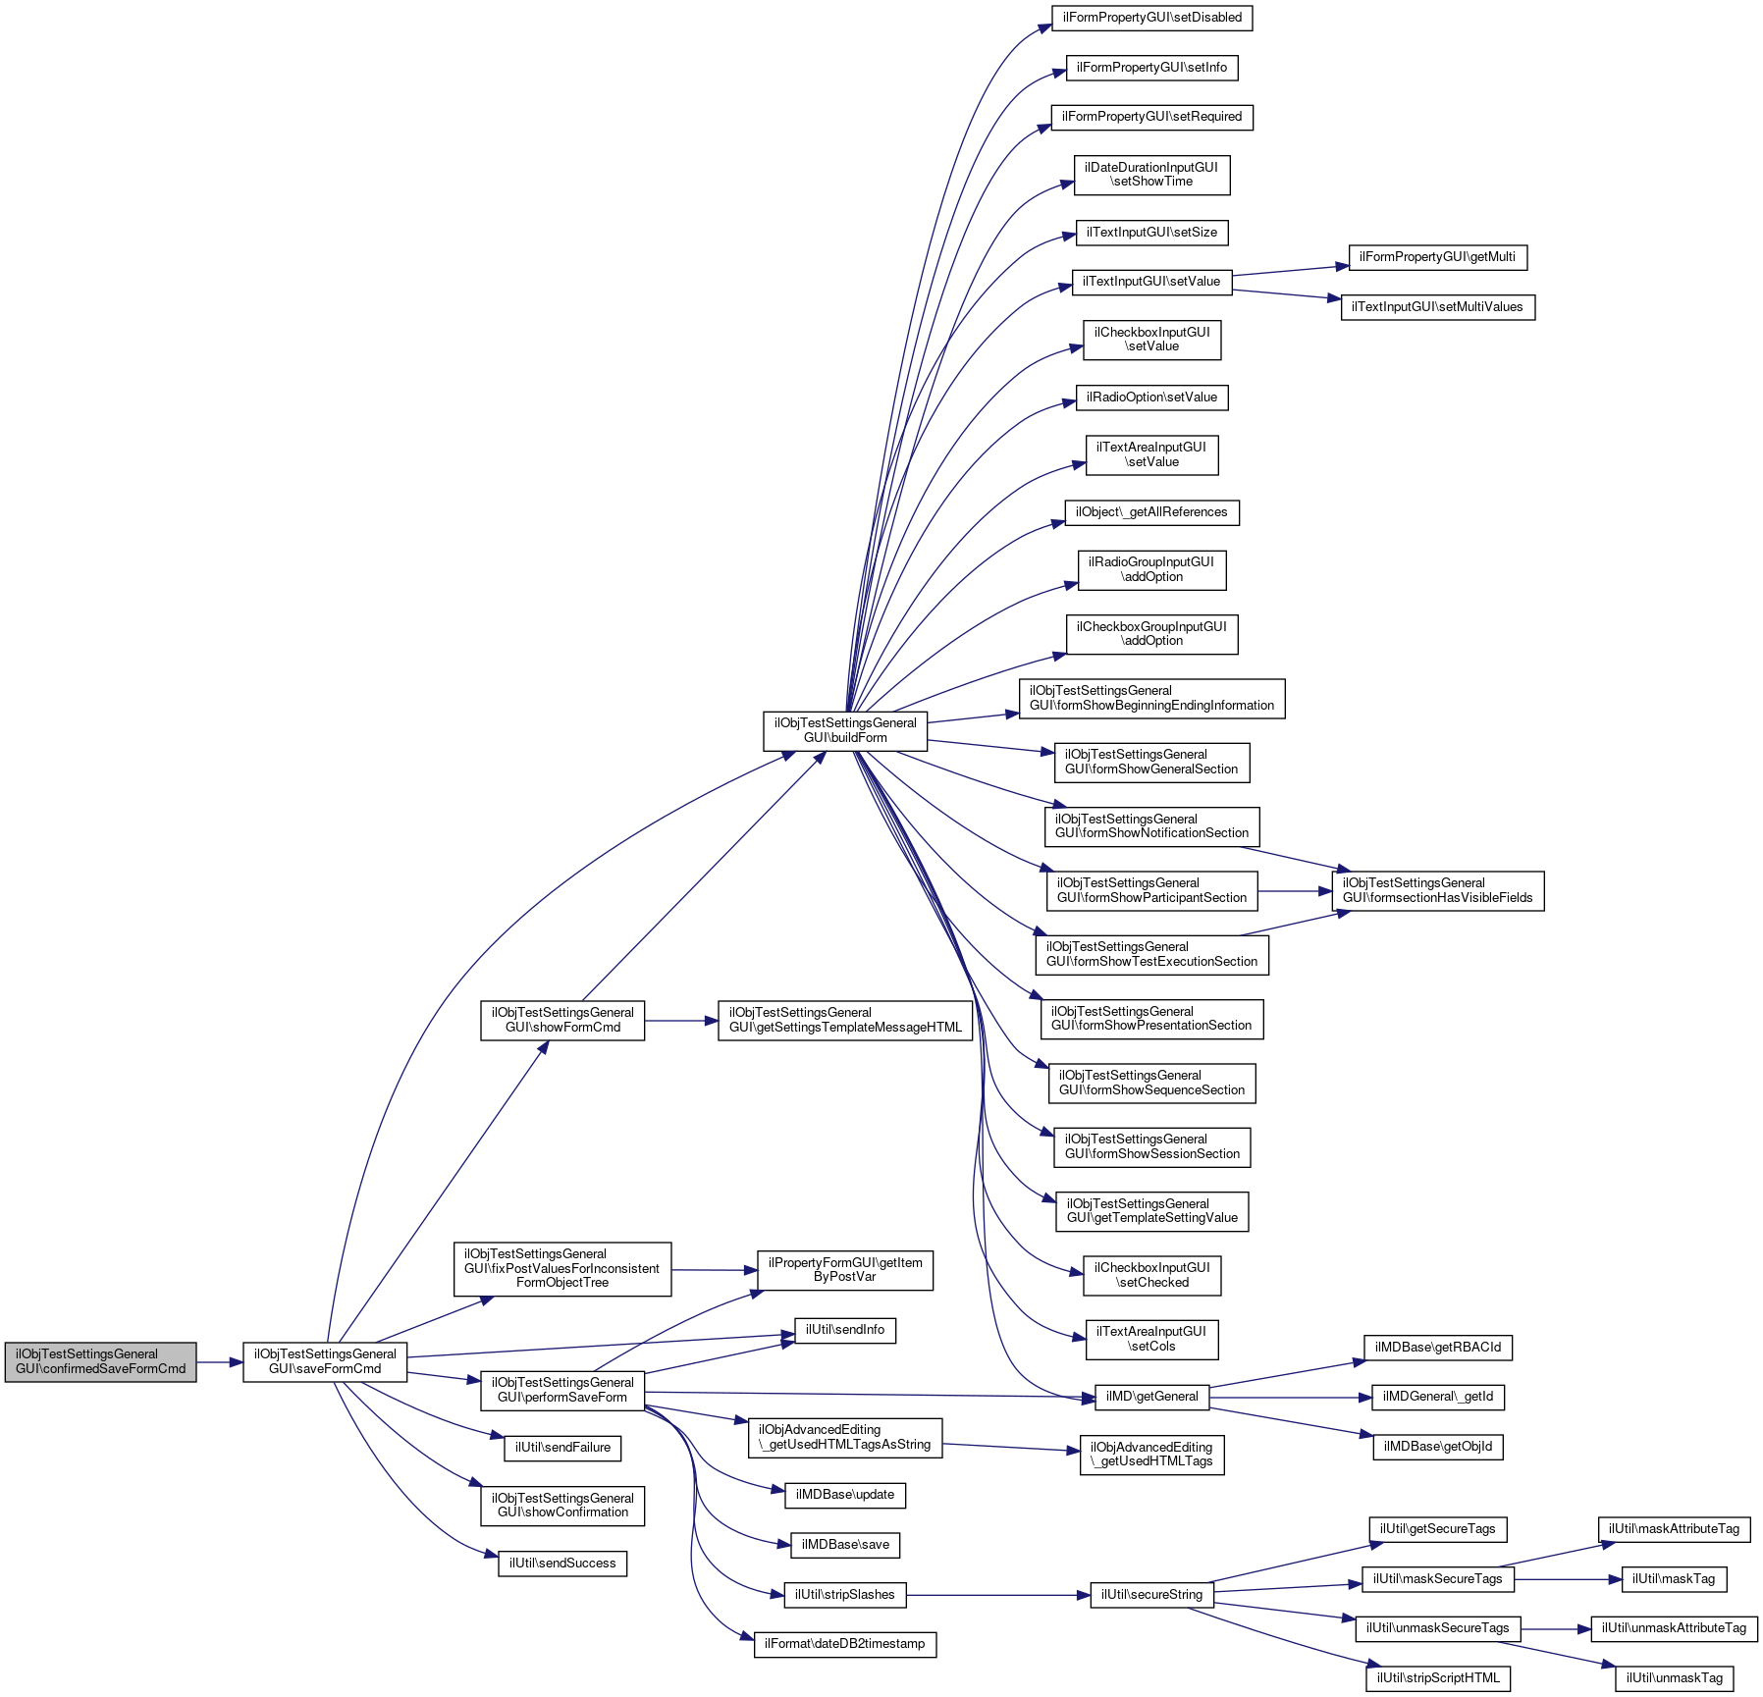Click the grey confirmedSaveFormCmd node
[100, 1361]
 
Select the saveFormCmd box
[325, 1361]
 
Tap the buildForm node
[844, 730]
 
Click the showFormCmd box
[562, 1020]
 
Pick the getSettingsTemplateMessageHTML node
[845, 1020]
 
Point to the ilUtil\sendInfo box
[844, 1330]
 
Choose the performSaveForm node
[561, 1390]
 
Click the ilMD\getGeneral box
[1151, 1396]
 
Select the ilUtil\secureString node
[1151, 1595]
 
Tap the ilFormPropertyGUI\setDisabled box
[1151, 18]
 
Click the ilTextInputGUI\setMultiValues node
[1437, 307]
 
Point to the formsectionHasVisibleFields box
[1437, 890]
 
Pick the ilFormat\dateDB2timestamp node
[844, 1644]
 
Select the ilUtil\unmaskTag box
[1674, 1678]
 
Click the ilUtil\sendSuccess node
[562, 1564]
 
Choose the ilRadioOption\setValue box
[1151, 398]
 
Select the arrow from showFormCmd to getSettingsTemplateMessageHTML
[681, 1021]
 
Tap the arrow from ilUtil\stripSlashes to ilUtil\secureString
[997, 1595]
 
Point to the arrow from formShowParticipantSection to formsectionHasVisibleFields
[1295, 891]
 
